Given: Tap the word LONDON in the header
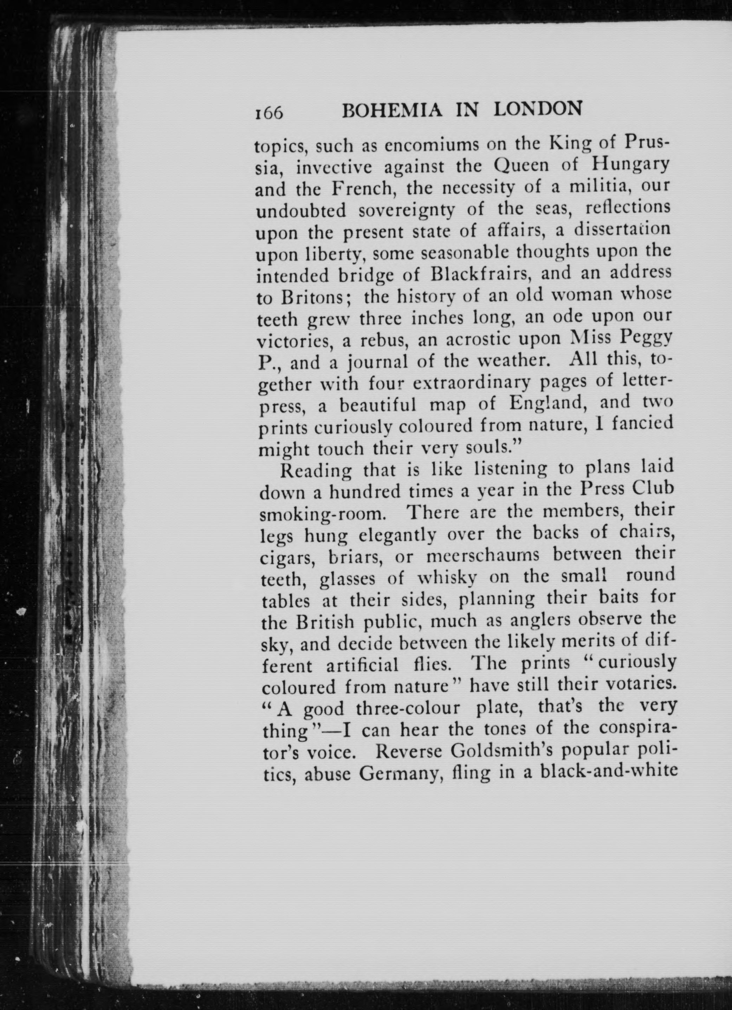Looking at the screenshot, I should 538,110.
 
